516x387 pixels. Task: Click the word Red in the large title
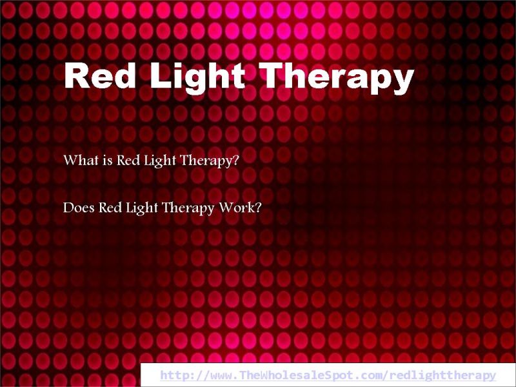tap(100, 75)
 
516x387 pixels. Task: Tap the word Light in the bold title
tap(198, 77)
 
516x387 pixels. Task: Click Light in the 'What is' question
tap(160, 161)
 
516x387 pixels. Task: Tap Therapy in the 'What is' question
tap(206, 161)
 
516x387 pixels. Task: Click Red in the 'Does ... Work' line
tap(110, 208)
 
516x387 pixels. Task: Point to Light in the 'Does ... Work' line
tap(142, 208)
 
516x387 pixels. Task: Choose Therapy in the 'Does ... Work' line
tap(188, 208)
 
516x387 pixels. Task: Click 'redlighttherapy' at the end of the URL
tap(442, 375)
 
